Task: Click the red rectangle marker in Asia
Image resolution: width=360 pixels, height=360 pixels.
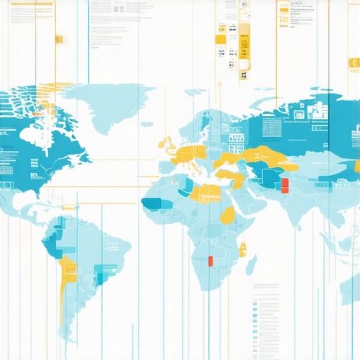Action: click(285, 186)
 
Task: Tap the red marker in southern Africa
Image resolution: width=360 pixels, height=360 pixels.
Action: click(210, 261)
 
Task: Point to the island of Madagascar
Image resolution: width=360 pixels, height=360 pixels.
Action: click(250, 264)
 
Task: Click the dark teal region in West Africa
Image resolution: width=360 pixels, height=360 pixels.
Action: click(155, 204)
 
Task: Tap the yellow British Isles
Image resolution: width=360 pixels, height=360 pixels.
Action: click(169, 145)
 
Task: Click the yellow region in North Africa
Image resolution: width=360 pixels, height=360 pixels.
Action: click(204, 191)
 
